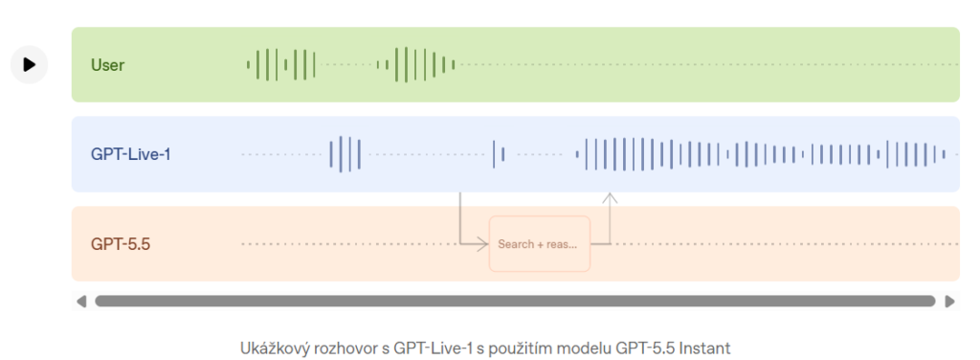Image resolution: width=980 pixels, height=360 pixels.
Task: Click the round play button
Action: click(30, 64)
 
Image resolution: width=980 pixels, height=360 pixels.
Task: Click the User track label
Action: click(107, 65)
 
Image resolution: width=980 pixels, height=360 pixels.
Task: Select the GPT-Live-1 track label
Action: click(130, 154)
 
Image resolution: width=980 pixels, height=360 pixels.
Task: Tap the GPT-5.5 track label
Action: click(121, 244)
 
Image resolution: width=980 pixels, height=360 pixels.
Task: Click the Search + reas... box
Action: click(540, 244)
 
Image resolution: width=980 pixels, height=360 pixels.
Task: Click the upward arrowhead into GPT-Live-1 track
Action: click(610, 197)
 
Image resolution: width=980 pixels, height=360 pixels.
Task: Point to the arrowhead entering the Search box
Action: click(482, 244)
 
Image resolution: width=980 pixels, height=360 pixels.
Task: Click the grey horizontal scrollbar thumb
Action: click(515, 302)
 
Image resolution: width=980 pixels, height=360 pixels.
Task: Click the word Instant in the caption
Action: click(706, 349)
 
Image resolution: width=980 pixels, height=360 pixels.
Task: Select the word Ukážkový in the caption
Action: click(269, 349)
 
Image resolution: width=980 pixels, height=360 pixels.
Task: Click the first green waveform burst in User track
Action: click(280, 64)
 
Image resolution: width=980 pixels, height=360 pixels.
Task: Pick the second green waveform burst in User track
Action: click(415, 64)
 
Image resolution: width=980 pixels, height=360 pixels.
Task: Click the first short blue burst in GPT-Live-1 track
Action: click(345, 154)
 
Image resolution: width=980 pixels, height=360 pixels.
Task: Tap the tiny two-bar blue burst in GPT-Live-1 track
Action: click(498, 154)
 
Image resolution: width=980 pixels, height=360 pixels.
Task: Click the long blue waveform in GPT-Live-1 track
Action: click(760, 154)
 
